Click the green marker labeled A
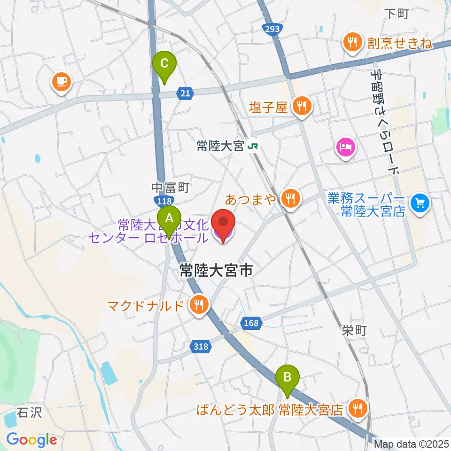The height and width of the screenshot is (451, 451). coord(169,218)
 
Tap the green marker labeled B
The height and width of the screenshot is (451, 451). coord(288,377)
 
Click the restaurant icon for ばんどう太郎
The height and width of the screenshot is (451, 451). coord(358,409)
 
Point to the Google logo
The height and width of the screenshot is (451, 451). coord(31,440)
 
